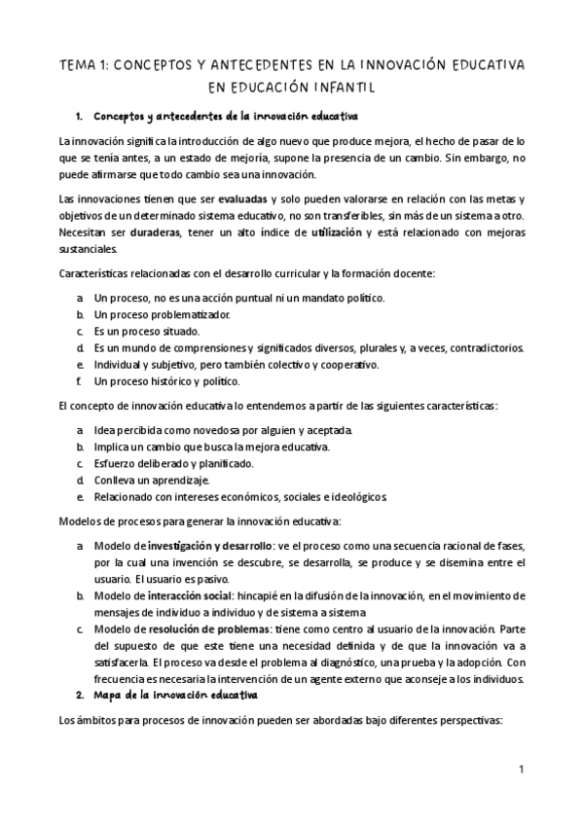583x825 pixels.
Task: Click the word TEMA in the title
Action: (x=79, y=64)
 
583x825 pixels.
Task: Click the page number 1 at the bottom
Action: (x=522, y=769)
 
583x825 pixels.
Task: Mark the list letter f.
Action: (x=79, y=380)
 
